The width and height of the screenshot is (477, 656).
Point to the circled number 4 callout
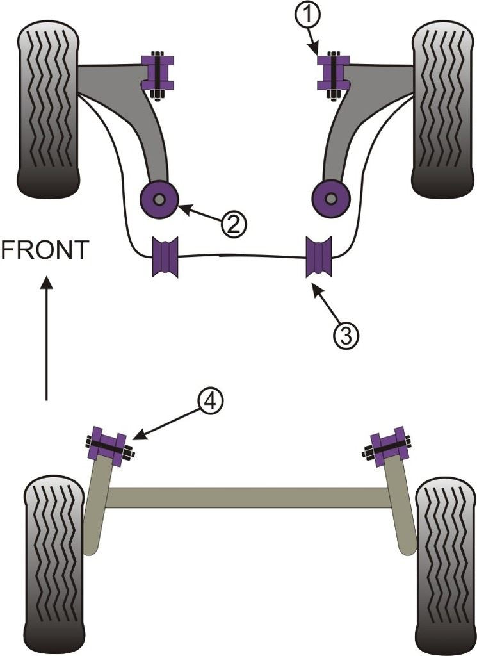click(211, 403)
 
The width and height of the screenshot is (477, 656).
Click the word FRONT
click(45, 250)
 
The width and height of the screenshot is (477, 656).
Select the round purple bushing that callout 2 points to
click(330, 199)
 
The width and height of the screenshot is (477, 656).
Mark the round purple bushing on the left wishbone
click(159, 199)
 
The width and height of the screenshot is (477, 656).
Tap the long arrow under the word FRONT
click(46, 340)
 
